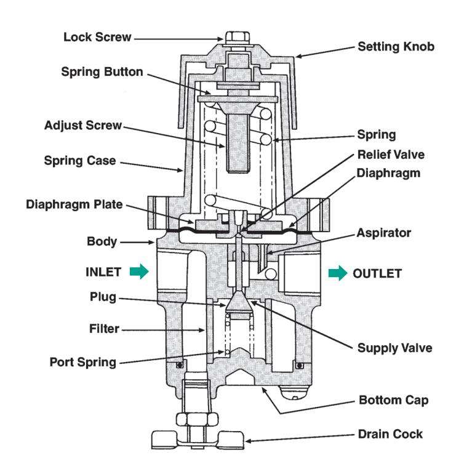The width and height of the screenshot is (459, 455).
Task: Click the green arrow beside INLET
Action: (139, 272)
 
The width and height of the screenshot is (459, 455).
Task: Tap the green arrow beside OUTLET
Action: (338, 273)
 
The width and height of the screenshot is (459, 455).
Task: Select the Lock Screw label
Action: (97, 37)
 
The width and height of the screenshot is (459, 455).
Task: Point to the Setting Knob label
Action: (396, 47)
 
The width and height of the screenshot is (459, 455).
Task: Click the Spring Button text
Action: (102, 72)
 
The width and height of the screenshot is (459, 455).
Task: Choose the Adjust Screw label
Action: (83, 126)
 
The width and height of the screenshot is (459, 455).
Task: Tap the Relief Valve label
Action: (391, 155)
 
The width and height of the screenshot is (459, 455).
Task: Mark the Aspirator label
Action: (384, 233)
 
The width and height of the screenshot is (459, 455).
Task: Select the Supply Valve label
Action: (395, 348)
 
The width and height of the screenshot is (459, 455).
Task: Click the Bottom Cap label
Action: (394, 400)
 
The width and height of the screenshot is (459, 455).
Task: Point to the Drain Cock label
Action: (391, 434)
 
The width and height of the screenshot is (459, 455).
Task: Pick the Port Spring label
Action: (83, 363)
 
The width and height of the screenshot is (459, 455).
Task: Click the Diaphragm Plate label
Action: (74, 204)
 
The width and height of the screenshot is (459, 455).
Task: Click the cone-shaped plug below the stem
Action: (239, 301)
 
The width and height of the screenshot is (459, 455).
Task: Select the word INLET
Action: (103, 272)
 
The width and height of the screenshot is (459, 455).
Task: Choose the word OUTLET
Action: (377, 273)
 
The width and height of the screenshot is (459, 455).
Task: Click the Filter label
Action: (104, 329)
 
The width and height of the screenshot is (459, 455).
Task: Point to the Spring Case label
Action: (80, 161)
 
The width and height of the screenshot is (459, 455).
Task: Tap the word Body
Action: (102, 242)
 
